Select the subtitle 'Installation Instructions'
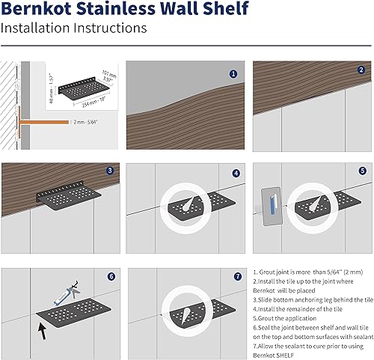[x=73, y=29]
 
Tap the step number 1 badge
[x=233, y=74]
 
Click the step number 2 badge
[x=361, y=70]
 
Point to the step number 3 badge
[x=109, y=171]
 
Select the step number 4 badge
[x=236, y=173]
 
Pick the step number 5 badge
[x=361, y=171]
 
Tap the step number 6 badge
[x=112, y=276]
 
